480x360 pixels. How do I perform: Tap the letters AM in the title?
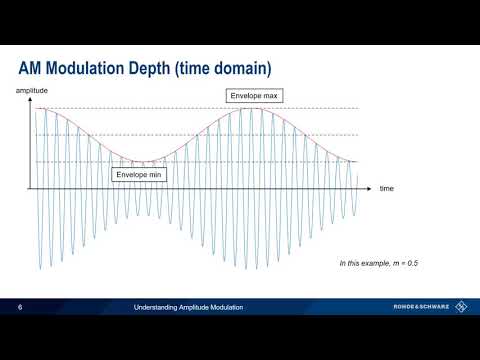pos(32,68)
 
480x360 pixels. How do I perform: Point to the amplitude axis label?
pos(33,91)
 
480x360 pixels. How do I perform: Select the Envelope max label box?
pos(255,97)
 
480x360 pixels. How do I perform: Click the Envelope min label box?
pos(140,173)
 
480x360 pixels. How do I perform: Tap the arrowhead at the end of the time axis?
pos(371,187)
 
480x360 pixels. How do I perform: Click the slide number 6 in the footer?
pos(21,307)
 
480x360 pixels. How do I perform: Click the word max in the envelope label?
pos(272,97)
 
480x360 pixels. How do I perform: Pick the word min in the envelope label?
pos(157,173)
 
